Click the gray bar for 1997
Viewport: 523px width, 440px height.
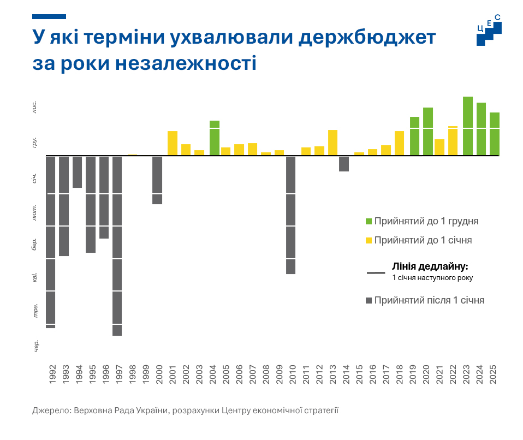click(117, 246)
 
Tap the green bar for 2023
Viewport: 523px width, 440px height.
click(468, 126)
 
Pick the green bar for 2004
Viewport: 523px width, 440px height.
click(215, 138)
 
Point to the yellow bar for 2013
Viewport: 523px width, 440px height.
click(332, 142)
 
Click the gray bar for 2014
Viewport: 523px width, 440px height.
click(344, 164)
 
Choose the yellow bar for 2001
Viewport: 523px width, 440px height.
click(173, 143)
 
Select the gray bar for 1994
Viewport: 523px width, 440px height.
click(77, 172)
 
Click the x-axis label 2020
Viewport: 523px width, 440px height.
click(428, 374)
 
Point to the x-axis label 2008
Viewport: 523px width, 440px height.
click(266, 374)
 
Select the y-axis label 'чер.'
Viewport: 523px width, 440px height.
click(37, 345)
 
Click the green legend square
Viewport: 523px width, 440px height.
click(369, 222)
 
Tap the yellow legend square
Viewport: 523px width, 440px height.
click(369, 240)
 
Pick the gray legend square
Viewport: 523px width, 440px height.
click(369, 300)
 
